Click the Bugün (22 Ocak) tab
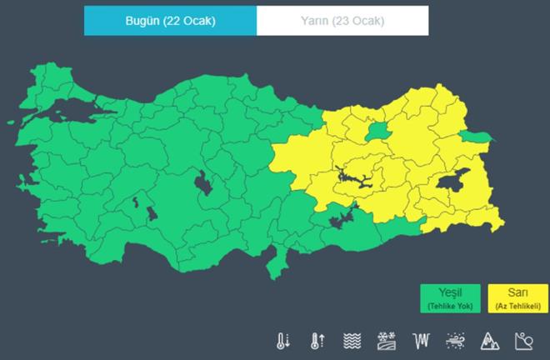click(170, 21)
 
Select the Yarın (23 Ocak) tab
click(342, 21)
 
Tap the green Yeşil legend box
click(450, 298)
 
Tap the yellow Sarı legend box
click(517, 298)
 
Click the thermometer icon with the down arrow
click(284, 341)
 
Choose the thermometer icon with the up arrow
click(317, 341)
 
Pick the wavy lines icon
click(352, 341)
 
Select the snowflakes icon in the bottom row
click(387, 341)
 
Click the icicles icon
click(421, 341)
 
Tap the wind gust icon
click(455, 341)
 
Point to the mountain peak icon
click(489, 341)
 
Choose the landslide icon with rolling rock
click(523, 341)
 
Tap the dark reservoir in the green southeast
click(342, 217)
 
